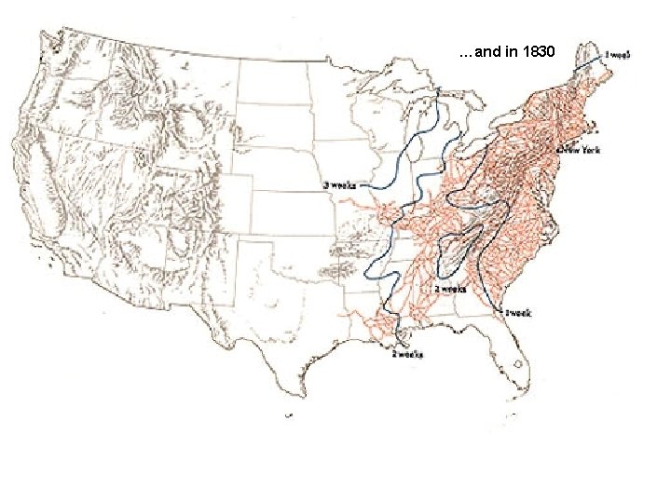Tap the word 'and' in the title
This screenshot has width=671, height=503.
[x=487, y=52]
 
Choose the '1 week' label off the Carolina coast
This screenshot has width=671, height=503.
[x=519, y=314]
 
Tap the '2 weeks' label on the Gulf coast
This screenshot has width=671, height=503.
[x=407, y=354]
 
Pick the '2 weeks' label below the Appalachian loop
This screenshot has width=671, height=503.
[x=449, y=289]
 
